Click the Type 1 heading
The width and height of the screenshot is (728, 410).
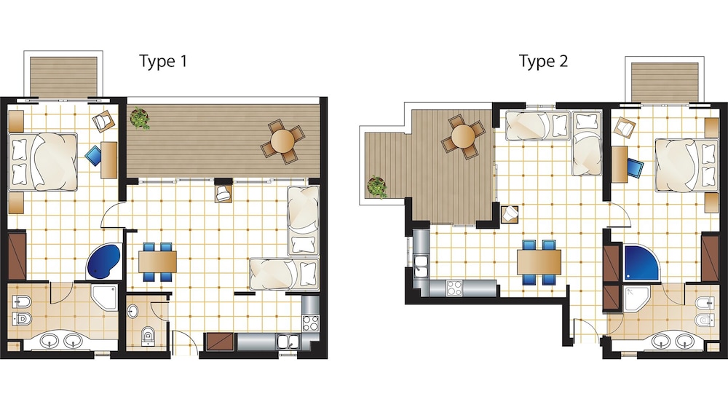163,61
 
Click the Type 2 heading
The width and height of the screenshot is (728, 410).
543,61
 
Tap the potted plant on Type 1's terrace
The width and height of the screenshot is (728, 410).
140,118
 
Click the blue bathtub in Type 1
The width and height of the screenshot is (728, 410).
104,261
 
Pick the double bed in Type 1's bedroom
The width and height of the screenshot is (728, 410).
43,162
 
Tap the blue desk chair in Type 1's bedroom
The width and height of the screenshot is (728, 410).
94,156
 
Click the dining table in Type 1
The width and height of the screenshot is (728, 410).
157,262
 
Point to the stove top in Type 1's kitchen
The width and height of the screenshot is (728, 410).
311,323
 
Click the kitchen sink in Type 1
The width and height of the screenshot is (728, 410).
288,342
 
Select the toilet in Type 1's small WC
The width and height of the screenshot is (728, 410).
148,335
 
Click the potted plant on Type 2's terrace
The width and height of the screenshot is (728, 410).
377,186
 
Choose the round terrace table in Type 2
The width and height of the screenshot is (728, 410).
463,136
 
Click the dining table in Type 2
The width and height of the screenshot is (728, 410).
539,262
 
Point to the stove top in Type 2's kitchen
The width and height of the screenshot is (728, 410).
454,288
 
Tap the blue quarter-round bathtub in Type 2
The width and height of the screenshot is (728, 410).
641,263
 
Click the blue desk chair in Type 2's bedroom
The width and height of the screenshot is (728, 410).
635,167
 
